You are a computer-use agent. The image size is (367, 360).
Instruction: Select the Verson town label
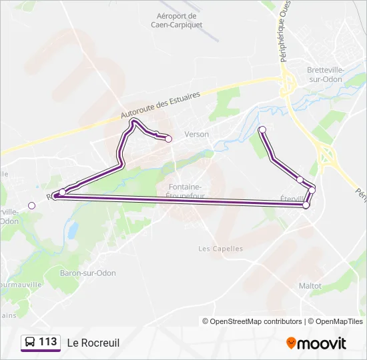(x=197, y=134)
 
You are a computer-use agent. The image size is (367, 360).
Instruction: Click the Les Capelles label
(x=221, y=249)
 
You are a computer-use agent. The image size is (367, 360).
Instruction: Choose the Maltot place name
(x=310, y=286)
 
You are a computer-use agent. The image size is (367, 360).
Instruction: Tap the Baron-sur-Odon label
(x=89, y=273)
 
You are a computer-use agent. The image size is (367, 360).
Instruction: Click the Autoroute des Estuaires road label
(x=161, y=106)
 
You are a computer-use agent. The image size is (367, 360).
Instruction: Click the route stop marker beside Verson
(x=168, y=139)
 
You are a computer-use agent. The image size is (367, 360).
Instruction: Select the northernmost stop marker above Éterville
(x=262, y=129)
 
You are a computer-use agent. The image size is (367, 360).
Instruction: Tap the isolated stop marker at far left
(x=31, y=205)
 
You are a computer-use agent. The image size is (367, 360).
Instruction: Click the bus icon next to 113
(x=30, y=343)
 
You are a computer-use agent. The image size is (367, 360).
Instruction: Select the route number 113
(x=48, y=342)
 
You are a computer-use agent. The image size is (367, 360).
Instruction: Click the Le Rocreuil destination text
(x=93, y=343)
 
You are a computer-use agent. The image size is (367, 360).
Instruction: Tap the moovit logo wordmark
(x=322, y=343)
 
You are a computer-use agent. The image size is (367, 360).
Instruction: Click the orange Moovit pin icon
(x=291, y=343)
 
